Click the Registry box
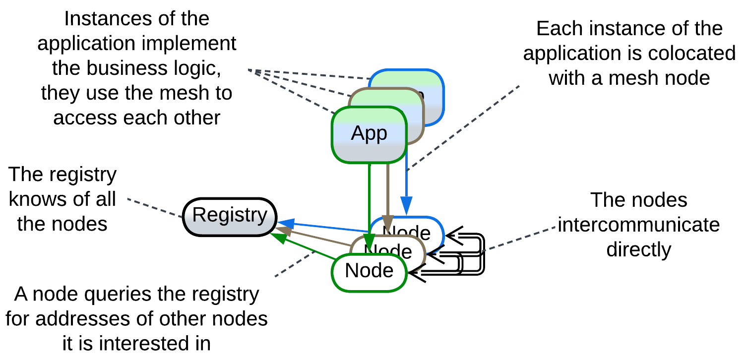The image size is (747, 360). pos(230,217)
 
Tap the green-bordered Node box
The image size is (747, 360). pos(370,272)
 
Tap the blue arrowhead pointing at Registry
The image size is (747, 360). pos(285,223)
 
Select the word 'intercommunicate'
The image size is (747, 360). pos(639,225)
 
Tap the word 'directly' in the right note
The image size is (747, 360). pos(639,249)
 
